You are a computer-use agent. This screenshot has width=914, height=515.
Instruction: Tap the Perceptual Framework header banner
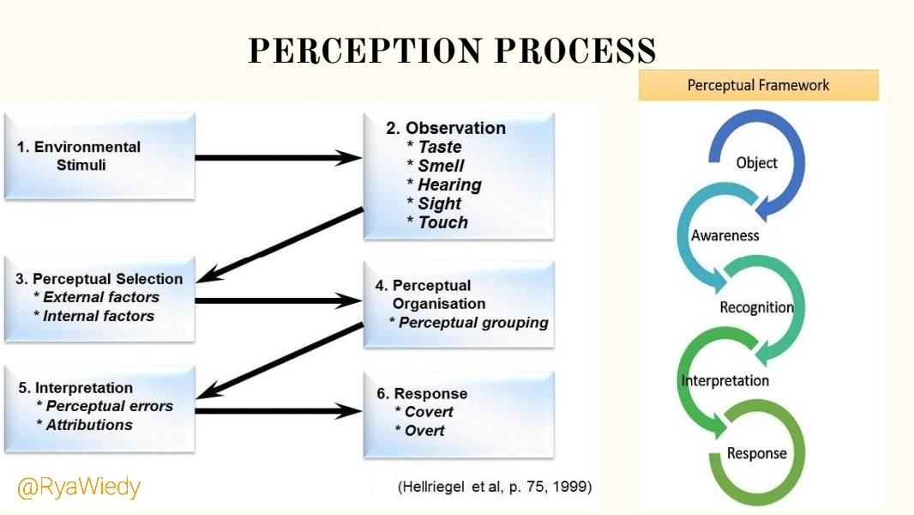(x=759, y=85)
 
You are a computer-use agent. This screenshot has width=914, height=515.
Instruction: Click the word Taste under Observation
(x=440, y=147)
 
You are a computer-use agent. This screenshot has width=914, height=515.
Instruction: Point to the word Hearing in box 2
(x=449, y=185)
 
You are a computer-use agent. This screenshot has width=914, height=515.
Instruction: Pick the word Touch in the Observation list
(x=442, y=222)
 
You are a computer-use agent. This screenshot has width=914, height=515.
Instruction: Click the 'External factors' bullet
(x=101, y=297)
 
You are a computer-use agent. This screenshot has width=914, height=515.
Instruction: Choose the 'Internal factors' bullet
(x=99, y=316)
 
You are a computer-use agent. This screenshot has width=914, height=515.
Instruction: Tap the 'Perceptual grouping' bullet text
(x=473, y=323)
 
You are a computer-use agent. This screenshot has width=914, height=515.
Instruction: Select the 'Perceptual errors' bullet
(x=109, y=406)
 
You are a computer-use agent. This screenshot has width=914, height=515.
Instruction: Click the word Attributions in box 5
(x=89, y=425)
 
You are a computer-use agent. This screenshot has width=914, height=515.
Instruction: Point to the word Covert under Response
(x=429, y=412)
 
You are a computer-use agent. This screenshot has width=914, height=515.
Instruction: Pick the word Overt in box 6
(x=424, y=431)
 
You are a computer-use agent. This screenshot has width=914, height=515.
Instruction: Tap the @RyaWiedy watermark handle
(x=79, y=488)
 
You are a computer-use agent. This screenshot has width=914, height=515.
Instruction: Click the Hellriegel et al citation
(x=495, y=487)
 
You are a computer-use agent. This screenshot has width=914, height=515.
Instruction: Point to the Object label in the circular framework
(x=756, y=163)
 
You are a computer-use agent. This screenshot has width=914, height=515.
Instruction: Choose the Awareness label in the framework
(x=725, y=235)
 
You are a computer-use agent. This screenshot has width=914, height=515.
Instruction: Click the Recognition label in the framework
(x=756, y=307)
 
